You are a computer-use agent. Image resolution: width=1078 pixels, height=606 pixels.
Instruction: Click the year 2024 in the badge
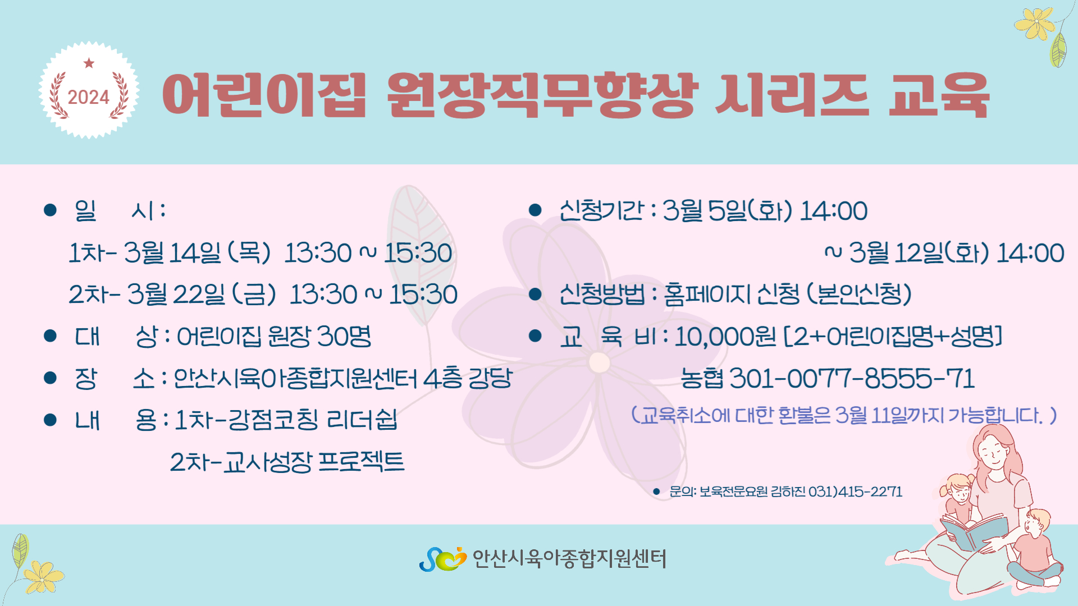pos(89,97)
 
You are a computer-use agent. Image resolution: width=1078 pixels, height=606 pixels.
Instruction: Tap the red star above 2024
pos(89,63)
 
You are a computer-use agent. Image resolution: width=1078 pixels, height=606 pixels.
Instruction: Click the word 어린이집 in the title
pos(264,95)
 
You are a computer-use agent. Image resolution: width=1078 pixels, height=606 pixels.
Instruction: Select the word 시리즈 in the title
pos(792,95)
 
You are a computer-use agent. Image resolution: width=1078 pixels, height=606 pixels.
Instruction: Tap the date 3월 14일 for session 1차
pos(172,252)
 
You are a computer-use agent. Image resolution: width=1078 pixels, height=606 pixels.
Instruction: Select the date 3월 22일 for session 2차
pos(176,294)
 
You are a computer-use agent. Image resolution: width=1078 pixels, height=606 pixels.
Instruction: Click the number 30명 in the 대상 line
pos(344,336)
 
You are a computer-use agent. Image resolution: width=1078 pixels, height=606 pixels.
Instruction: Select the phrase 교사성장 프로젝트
pos(314,462)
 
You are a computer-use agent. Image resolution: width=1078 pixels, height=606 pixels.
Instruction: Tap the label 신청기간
pos(601,210)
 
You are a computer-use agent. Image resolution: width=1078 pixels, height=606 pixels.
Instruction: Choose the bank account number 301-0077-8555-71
pos(852,378)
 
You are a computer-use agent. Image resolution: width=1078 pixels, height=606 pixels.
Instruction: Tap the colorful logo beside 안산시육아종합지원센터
pos(443,559)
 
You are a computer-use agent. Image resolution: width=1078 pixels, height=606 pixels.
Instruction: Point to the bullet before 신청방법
pos(535,294)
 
